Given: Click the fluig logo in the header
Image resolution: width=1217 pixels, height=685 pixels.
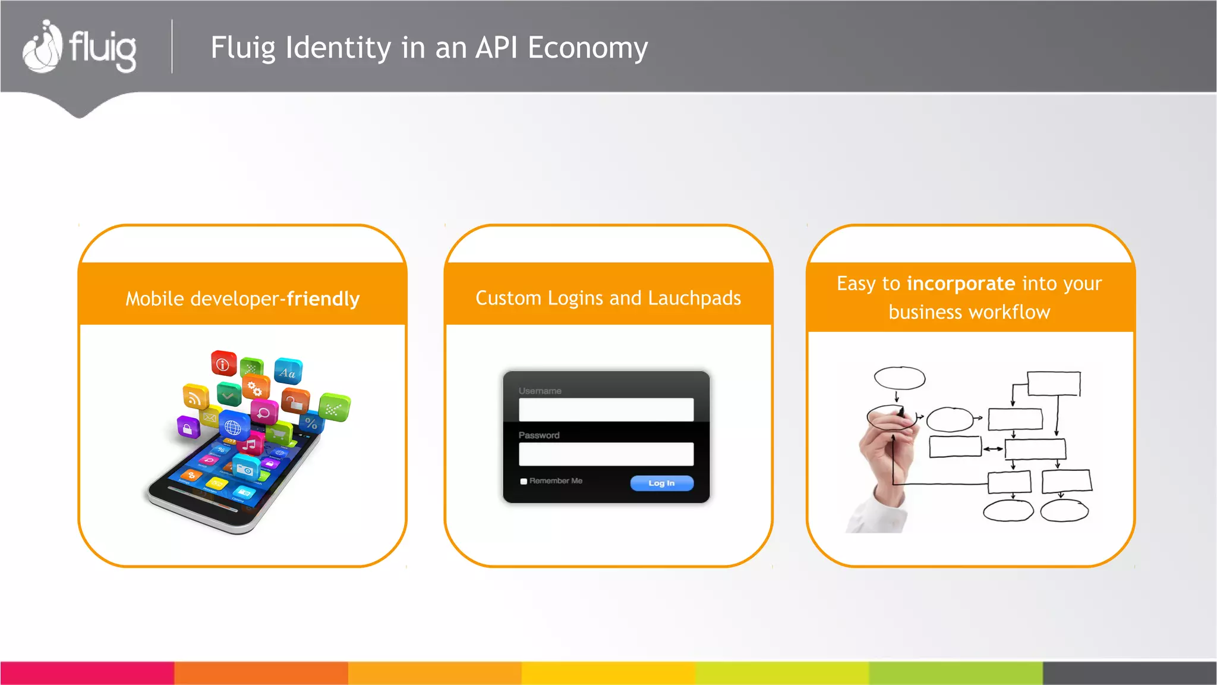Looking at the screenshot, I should click(80, 48).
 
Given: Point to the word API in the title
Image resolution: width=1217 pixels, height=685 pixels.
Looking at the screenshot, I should click(497, 47).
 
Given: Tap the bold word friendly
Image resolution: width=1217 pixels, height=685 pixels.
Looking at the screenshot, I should click(323, 298).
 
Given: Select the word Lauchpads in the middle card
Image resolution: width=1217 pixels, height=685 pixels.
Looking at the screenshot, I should click(694, 298).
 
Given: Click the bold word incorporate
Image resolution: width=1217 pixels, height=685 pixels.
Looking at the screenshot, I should click(961, 284).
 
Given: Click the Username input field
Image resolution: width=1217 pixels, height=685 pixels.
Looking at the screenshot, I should click(606, 410).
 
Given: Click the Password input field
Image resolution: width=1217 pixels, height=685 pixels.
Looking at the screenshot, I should click(606, 454).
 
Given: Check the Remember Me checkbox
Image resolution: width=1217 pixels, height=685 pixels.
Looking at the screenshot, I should click(524, 482).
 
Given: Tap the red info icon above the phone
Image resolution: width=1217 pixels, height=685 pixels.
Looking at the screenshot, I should click(223, 364).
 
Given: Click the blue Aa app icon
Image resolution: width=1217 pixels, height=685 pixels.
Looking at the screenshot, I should click(288, 372).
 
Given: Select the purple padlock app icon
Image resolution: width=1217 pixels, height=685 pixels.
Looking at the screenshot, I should click(188, 428).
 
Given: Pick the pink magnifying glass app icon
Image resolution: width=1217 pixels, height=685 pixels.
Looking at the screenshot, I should click(264, 412).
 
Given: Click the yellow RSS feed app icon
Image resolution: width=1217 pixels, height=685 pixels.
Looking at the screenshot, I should click(195, 397).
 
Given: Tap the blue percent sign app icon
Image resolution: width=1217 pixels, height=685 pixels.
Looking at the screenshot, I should click(311, 423).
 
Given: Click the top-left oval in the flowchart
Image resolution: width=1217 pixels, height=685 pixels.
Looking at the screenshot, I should click(899, 378).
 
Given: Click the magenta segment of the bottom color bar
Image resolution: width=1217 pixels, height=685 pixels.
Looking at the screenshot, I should click(87, 673).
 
